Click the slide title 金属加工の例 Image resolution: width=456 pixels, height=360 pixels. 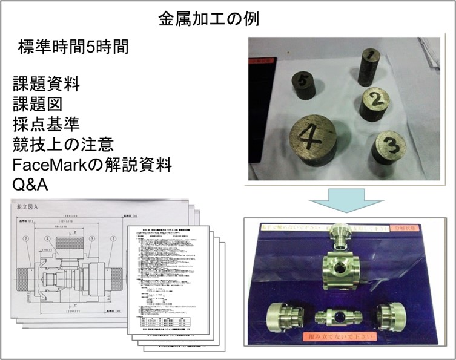208,18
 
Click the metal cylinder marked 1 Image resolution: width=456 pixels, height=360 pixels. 368,68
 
